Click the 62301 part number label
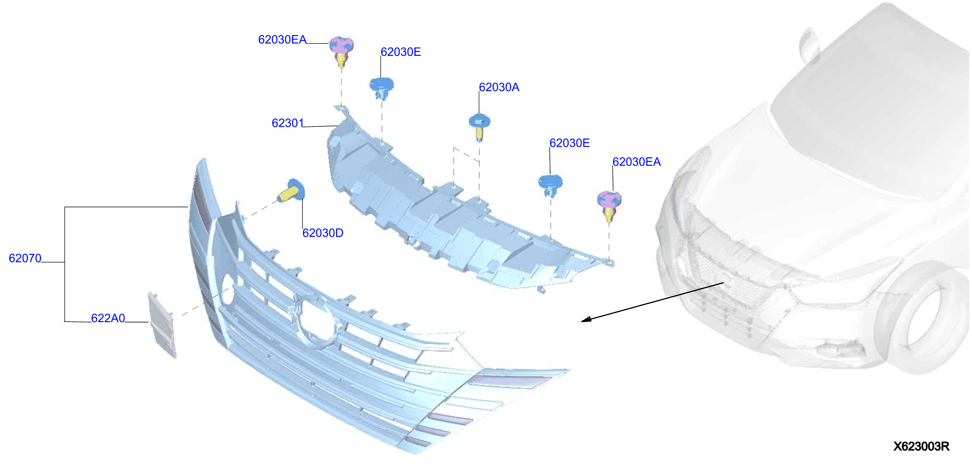coord(288,123)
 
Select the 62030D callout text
coord(323,233)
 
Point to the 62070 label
coord(25,258)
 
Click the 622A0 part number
coord(108,318)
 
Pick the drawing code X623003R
coord(921,446)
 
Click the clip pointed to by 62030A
coord(479,127)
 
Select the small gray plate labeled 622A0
coord(162,325)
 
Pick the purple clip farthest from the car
coord(341,51)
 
